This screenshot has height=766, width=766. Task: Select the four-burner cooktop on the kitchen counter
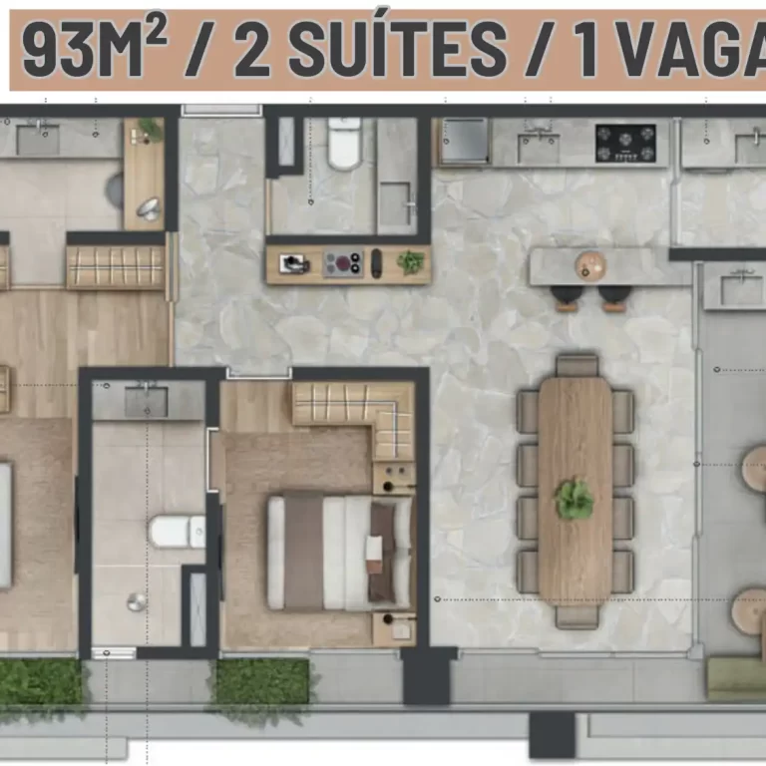click(x=625, y=144)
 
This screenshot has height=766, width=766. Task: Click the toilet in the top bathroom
click(x=344, y=144)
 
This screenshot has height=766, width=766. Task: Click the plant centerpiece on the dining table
click(x=574, y=499)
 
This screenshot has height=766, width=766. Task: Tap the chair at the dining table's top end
click(x=576, y=366)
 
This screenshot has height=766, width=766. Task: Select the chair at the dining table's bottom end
click(x=576, y=616)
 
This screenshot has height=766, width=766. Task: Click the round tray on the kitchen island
click(x=590, y=265)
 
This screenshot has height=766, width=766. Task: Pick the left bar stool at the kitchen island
click(x=568, y=297)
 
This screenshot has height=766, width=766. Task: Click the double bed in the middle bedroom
click(x=340, y=553)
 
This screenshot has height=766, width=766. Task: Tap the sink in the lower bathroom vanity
click(x=146, y=402)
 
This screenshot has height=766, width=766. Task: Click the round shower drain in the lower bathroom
click(x=137, y=601)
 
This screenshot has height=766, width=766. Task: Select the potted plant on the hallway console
click(x=410, y=262)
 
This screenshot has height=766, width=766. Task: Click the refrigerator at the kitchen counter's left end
click(x=464, y=141)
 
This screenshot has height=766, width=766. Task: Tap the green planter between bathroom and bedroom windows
click(x=262, y=681)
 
